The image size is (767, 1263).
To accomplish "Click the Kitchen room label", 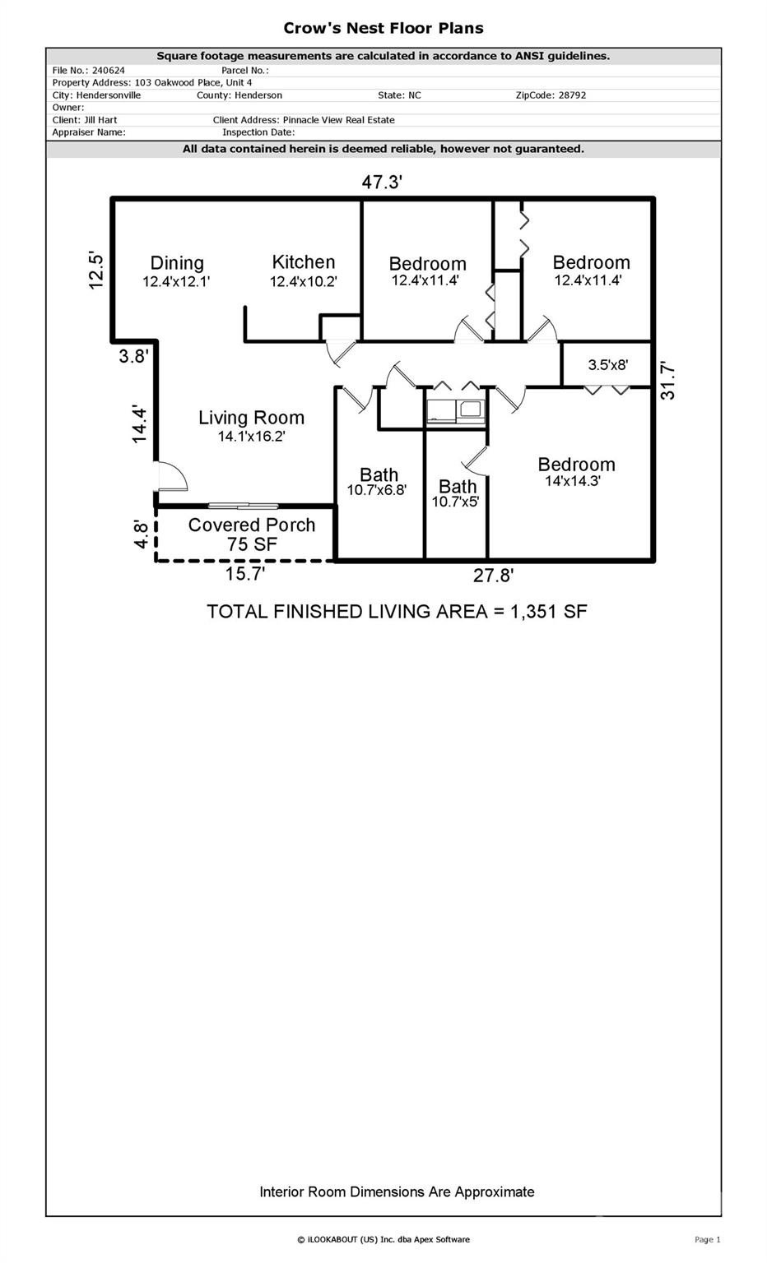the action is point(303,262).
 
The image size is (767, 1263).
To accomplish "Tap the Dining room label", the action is point(177,263).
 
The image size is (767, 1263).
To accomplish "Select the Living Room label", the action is point(251,418).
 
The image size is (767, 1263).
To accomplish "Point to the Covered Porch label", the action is point(252,525).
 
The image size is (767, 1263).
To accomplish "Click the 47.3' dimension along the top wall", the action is point(382,182).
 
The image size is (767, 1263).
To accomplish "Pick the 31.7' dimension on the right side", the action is point(667,382).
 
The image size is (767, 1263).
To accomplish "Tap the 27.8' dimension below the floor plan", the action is point(493,576).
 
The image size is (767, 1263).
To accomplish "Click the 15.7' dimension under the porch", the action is point(245,574).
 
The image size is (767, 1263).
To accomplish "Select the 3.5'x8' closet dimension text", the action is point(608,365).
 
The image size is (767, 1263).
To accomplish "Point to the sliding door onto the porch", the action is point(244,506).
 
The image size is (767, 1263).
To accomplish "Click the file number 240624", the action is point(109,71).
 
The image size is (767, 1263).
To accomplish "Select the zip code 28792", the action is point(572,95).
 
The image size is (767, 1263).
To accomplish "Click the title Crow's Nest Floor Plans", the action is point(383,28).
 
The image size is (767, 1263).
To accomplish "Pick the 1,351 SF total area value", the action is point(549,612).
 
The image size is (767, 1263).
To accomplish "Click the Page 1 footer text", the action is point(707,1239).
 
